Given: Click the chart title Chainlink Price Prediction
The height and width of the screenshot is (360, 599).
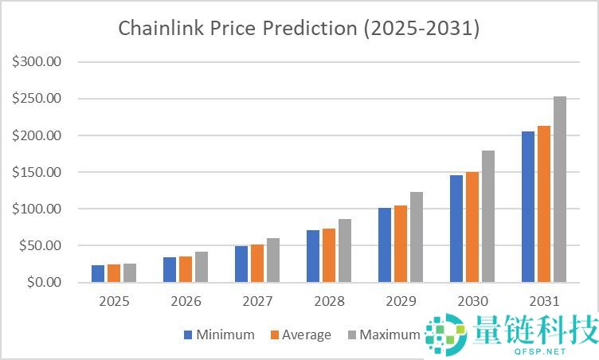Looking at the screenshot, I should (299, 28).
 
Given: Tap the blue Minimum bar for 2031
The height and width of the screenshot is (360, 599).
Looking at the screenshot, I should (528, 207).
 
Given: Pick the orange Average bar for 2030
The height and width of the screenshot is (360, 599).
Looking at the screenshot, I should (472, 227).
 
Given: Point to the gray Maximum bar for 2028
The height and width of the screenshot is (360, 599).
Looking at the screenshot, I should (345, 251).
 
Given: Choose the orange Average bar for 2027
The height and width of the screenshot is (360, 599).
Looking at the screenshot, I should (257, 264).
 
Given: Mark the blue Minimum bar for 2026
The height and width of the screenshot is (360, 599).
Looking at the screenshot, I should (170, 270).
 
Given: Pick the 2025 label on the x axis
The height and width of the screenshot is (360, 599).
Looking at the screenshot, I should (114, 302).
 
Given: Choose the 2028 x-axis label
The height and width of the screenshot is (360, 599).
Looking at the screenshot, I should (329, 302).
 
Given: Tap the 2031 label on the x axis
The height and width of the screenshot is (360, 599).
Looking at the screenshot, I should (544, 302).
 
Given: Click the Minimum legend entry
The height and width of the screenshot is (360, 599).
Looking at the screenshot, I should (219, 335).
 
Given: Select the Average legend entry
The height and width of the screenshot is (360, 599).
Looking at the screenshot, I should (299, 335).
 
